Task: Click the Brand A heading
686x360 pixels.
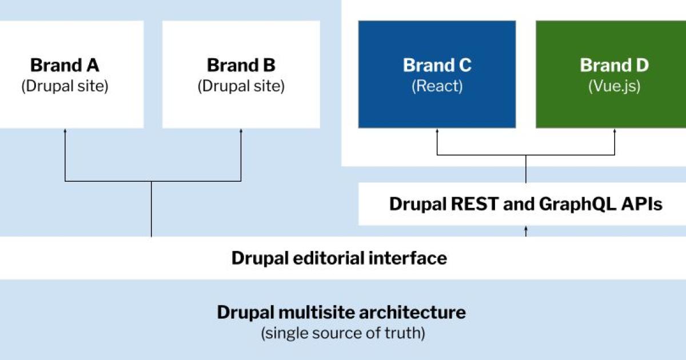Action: tap(65, 65)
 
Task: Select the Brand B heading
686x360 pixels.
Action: tap(241, 65)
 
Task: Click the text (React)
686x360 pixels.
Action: tap(437, 86)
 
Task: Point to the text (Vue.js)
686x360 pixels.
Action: tap(614, 86)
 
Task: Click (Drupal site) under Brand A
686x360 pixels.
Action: tap(65, 86)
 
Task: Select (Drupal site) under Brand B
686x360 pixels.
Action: tap(241, 86)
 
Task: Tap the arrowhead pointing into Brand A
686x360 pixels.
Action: tap(65, 131)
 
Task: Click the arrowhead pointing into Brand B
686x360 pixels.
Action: tap(241, 131)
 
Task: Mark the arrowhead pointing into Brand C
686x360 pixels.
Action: tap(437, 131)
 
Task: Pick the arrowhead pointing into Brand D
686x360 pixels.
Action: tap(615, 131)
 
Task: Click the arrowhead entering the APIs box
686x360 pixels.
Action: tap(526, 228)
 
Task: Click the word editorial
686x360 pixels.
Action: tap(323, 258)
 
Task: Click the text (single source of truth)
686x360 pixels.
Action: tap(342, 333)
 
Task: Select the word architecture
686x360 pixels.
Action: tap(411, 313)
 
